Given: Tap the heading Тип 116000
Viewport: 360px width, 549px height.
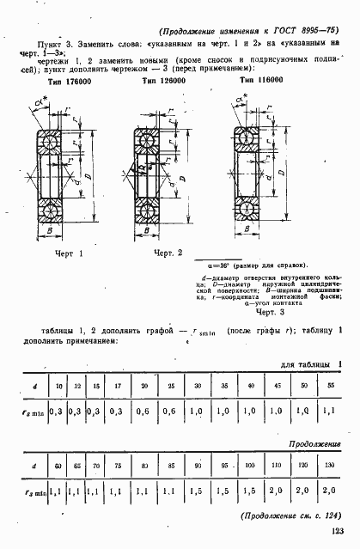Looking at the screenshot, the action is coord(261,78).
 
